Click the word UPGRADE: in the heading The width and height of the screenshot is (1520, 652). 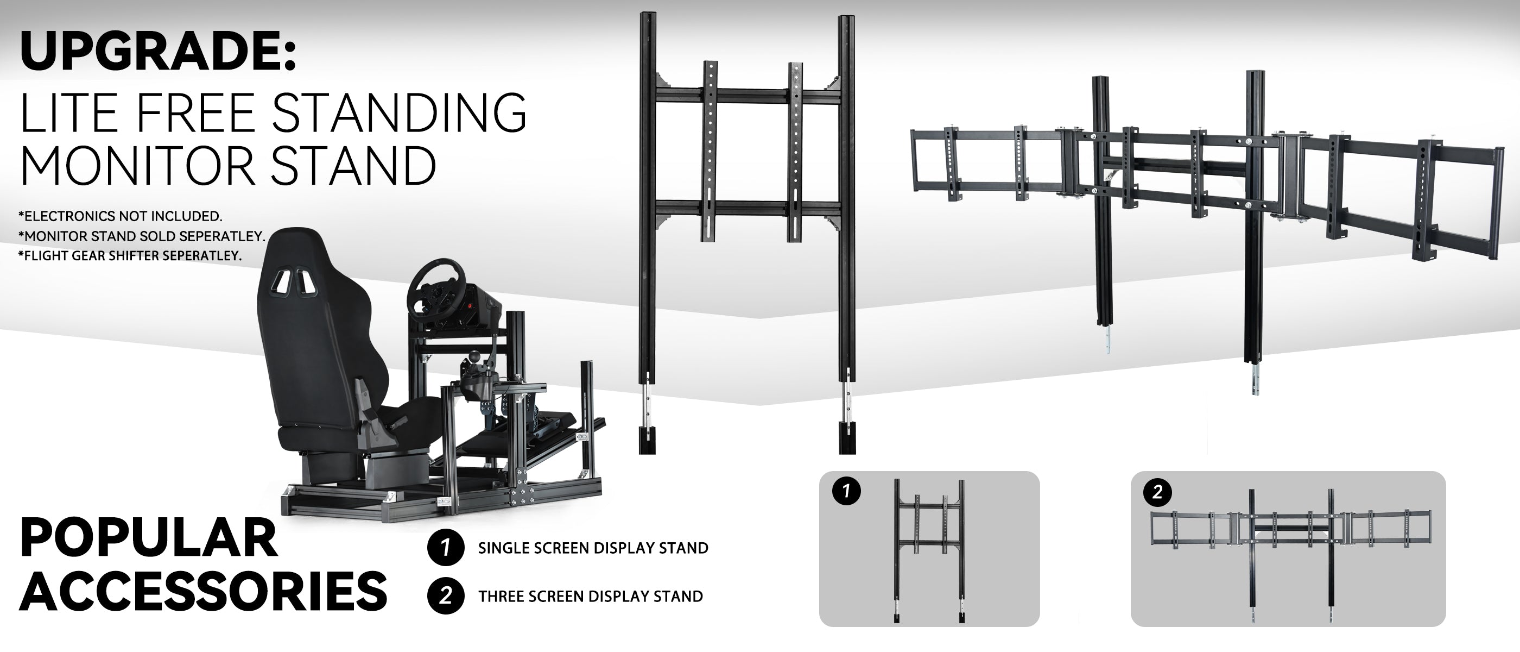157,52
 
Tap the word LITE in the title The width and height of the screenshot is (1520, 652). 64,113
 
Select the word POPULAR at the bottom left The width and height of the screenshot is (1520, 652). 149,537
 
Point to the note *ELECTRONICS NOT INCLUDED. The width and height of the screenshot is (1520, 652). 121,216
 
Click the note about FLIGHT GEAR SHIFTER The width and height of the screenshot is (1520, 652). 130,256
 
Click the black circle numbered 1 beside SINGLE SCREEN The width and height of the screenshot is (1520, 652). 446,548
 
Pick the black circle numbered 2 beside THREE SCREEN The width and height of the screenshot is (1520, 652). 446,595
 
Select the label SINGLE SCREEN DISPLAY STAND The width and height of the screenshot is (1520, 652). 593,548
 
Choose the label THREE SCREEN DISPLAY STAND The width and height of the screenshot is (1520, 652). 591,596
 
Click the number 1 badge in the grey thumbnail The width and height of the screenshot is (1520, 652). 847,491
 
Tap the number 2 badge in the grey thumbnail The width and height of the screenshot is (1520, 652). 1157,492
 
